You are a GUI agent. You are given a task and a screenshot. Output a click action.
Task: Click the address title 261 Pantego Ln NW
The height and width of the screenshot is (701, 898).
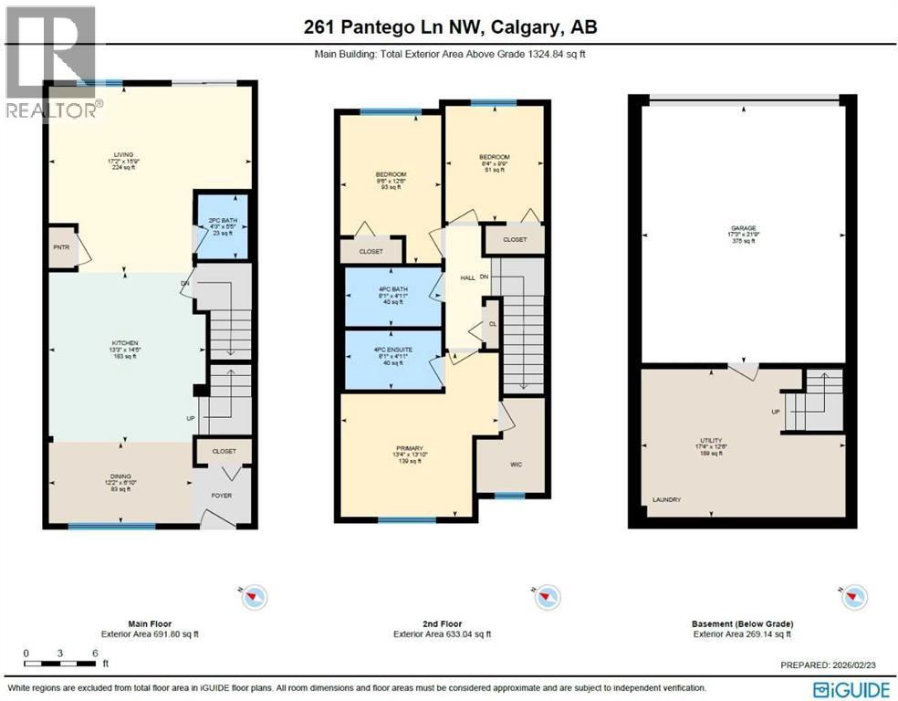(x=450, y=27)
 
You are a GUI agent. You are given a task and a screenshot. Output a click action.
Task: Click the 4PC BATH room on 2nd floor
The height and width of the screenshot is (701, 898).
(x=392, y=295)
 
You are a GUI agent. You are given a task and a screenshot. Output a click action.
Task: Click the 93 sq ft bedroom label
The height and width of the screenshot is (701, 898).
(x=391, y=180)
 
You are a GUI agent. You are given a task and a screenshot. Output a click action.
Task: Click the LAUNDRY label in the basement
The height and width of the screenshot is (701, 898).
(x=666, y=499)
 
